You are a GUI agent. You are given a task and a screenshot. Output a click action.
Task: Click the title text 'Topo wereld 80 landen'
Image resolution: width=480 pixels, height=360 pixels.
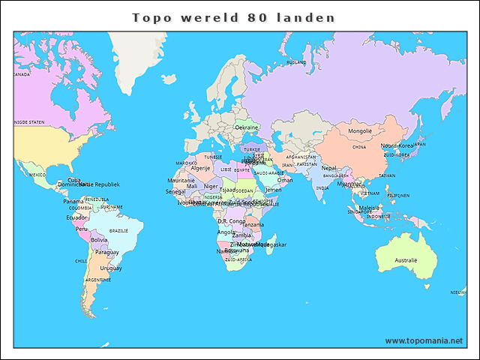click(233, 17)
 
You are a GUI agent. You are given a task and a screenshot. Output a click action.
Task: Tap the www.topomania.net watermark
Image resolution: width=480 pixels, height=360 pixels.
click(424, 340)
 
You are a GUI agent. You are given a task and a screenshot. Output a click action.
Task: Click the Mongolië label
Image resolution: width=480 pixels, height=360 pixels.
click(359, 131)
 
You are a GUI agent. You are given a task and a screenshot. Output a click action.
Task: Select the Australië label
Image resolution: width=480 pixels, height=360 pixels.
click(406, 260)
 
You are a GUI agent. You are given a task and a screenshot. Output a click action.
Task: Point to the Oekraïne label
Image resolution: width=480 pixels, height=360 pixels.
click(247, 128)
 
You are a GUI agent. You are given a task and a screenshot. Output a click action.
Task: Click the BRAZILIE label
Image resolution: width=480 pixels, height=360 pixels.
click(118, 231)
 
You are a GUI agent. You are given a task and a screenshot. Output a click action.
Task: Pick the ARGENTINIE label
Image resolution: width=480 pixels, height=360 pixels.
click(98, 280)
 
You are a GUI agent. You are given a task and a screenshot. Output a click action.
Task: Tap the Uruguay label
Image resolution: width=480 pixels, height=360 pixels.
click(111, 268)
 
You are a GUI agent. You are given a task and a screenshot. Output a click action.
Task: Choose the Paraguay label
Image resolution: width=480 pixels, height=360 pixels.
click(107, 252)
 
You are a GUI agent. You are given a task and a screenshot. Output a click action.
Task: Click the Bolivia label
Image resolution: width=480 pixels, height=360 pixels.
click(99, 240)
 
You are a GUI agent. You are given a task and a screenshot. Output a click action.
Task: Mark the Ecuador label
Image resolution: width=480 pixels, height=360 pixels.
click(76, 217)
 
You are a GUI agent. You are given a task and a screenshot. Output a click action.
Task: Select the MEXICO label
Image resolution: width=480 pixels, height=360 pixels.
click(37, 174)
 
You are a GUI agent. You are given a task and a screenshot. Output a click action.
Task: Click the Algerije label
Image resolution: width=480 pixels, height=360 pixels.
click(200, 169)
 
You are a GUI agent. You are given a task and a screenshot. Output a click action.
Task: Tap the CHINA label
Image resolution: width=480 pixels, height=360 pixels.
click(359, 148)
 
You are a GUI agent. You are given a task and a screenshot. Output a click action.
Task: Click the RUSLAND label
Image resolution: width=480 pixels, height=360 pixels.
click(297, 62)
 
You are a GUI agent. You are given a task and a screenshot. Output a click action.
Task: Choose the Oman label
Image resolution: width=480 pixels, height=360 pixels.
click(285, 180)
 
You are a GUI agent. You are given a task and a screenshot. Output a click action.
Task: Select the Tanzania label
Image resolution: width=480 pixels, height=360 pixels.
click(253, 225)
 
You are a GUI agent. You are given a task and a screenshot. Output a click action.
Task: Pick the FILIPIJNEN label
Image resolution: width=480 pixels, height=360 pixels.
click(397, 196)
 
